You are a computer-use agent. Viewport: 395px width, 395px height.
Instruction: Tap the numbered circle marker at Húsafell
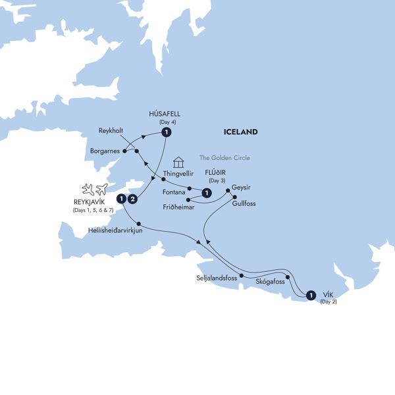click(x=167, y=132)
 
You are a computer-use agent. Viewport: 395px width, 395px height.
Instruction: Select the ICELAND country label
click(x=240, y=132)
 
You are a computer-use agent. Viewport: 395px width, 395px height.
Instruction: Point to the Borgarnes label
click(x=104, y=151)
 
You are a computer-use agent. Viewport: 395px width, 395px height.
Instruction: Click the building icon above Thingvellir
click(x=178, y=162)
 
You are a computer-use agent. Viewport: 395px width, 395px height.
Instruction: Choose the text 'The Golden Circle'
click(x=225, y=158)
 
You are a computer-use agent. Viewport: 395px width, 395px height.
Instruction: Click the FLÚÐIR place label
click(x=217, y=173)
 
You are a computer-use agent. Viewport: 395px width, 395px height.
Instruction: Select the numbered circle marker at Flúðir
click(x=207, y=193)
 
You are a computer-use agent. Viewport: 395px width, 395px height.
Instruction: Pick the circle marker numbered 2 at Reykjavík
click(x=133, y=198)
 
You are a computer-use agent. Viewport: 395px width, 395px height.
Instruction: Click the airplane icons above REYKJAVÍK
click(x=95, y=190)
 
